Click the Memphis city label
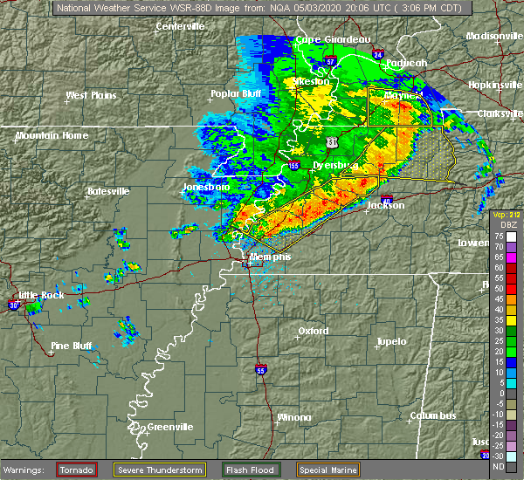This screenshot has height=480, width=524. tap(270, 258)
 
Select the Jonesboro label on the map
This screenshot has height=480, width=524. tap(205, 188)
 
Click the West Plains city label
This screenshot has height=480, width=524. tap(92, 95)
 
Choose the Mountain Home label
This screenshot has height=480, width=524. tap(51, 135)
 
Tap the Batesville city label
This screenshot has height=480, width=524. tap(107, 191)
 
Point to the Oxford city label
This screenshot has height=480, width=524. tap(313, 331)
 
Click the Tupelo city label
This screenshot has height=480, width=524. tap(392, 341)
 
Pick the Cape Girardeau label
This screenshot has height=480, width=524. tap(333, 39)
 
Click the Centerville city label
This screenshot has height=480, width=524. tap(180, 26)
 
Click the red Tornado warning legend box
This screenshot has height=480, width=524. tap(75, 470)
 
